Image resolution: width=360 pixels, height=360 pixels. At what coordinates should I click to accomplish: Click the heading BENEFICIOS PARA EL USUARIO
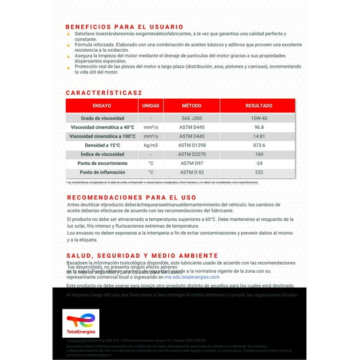(x=124, y=26)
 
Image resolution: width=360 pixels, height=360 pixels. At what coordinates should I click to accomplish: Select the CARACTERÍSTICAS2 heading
(x=104, y=92)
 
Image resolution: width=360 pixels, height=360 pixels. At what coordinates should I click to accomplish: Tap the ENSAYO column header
(x=101, y=106)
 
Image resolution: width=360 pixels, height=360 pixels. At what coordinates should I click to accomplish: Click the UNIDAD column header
(x=151, y=106)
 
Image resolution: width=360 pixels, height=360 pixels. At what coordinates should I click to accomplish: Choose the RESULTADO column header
(x=259, y=106)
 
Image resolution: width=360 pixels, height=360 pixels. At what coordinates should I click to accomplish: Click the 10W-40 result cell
(x=259, y=118)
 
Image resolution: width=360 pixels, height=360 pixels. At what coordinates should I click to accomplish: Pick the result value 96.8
(x=259, y=127)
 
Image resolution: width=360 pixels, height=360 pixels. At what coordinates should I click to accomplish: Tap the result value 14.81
(x=259, y=136)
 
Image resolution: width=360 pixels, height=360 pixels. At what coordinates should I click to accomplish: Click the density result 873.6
(x=259, y=145)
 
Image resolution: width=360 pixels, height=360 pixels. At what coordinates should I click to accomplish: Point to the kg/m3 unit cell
(x=151, y=145)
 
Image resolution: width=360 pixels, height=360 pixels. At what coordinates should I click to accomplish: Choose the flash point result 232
(x=259, y=172)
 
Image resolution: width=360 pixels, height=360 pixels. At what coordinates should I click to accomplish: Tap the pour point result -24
(x=259, y=163)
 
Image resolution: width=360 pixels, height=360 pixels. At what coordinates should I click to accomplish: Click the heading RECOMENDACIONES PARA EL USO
(x=131, y=198)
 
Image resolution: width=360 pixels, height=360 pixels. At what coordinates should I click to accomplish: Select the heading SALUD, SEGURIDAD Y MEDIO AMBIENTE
(x=142, y=255)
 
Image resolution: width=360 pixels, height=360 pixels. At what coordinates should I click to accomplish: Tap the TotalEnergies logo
(x=81, y=322)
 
